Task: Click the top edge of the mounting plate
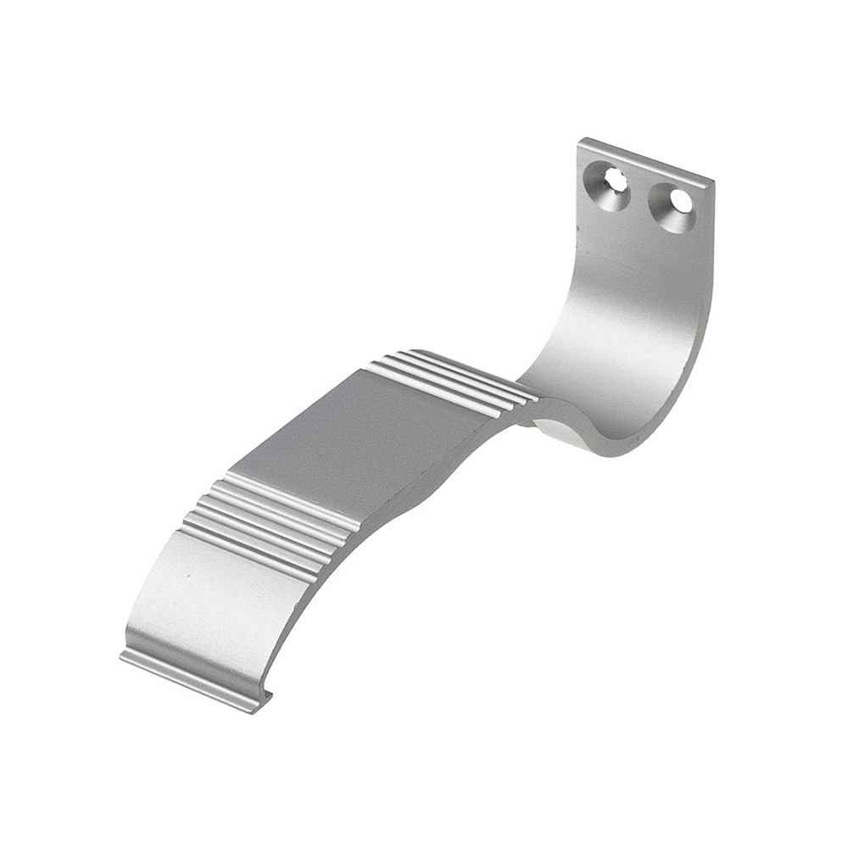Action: tap(644, 161)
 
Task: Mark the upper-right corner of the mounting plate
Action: tap(711, 181)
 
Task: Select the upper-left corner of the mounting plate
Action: tap(582, 142)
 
